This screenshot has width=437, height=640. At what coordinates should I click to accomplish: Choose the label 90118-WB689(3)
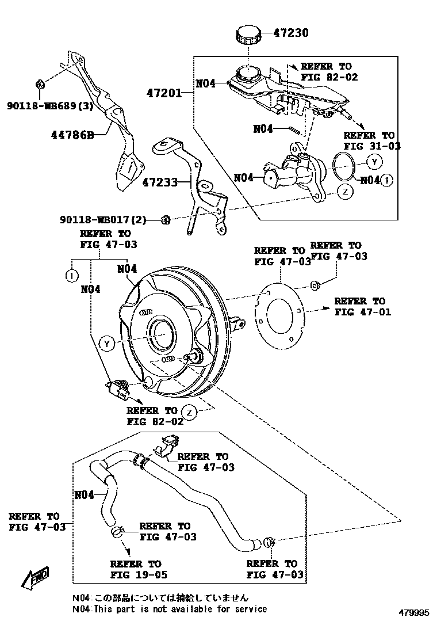pos(50,105)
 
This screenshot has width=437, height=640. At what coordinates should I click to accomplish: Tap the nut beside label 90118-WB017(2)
pos(164,219)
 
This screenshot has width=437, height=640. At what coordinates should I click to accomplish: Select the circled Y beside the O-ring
pos(374,161)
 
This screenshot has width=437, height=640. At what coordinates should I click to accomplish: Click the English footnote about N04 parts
pos(170,608)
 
